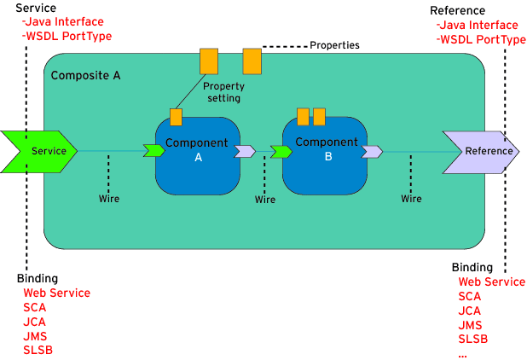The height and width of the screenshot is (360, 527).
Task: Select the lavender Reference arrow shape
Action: point(481,151)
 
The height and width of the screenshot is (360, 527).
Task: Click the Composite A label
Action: point(86,75)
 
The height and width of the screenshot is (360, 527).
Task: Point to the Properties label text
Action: point(334,44)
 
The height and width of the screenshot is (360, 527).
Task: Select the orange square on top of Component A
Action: point(176,117)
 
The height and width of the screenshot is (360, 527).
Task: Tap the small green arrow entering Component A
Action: point(154,151)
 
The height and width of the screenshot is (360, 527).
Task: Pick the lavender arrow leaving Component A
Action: point(245,151)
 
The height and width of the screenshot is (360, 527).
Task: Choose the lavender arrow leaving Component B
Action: point(372,152)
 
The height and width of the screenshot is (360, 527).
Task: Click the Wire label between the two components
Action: point(265,199)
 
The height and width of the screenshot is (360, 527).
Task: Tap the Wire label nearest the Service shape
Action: point(109,199)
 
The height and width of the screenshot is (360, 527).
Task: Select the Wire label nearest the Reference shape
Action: point(412,199)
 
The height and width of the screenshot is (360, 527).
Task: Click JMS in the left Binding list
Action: point(34,336)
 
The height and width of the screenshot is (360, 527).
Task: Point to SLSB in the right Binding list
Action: point(473,339)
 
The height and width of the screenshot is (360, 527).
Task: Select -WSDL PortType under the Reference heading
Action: point(481,40)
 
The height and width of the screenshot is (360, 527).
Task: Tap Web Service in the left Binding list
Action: point(56,293)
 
